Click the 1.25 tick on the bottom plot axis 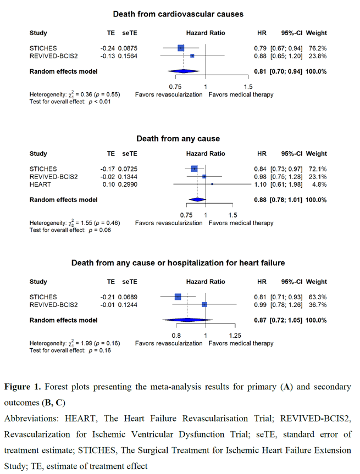235,336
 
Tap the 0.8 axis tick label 176,336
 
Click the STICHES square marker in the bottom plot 178,297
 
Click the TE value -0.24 108,48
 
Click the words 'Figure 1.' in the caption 24,387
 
